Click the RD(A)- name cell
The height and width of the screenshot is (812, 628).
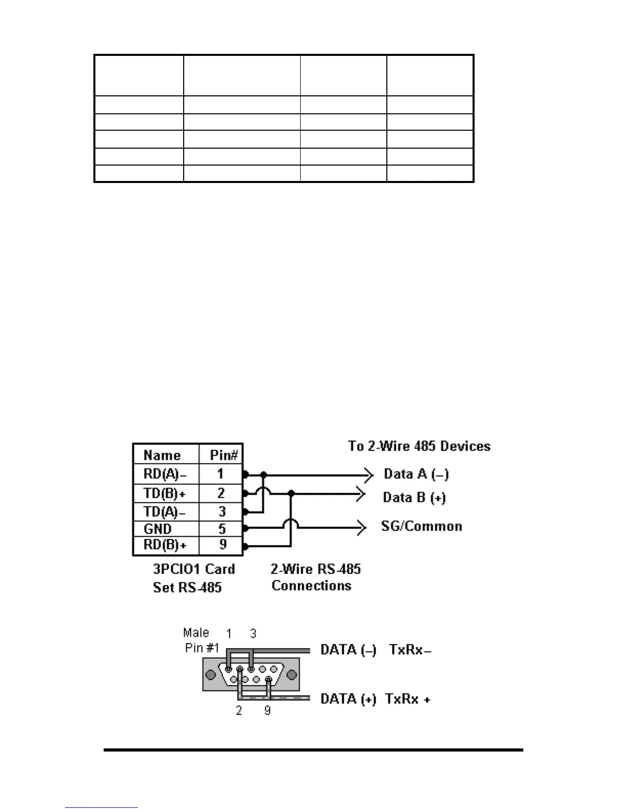(165, 474)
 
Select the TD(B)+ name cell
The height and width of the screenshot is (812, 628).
(165, 494)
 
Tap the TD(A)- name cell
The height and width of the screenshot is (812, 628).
(165, 512)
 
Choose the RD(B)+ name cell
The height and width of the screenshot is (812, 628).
(165, 545)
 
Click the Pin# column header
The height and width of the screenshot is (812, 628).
(224, 455)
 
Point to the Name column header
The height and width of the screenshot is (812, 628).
(162, 455)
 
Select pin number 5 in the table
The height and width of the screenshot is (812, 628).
(222, 529)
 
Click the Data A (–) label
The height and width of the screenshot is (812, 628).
(416, 474)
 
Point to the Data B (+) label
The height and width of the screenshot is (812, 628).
(414, 497)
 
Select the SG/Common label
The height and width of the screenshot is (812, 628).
(421, 526)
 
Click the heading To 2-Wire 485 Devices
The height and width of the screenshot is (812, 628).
(419, 446)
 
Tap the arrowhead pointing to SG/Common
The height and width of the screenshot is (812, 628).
(362, 527)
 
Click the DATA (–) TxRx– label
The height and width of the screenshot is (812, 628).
(376, 650)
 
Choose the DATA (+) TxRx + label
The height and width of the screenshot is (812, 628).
(375, 699)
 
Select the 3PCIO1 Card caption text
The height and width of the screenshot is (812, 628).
(194, 570)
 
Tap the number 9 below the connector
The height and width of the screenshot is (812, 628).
(267, 711)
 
